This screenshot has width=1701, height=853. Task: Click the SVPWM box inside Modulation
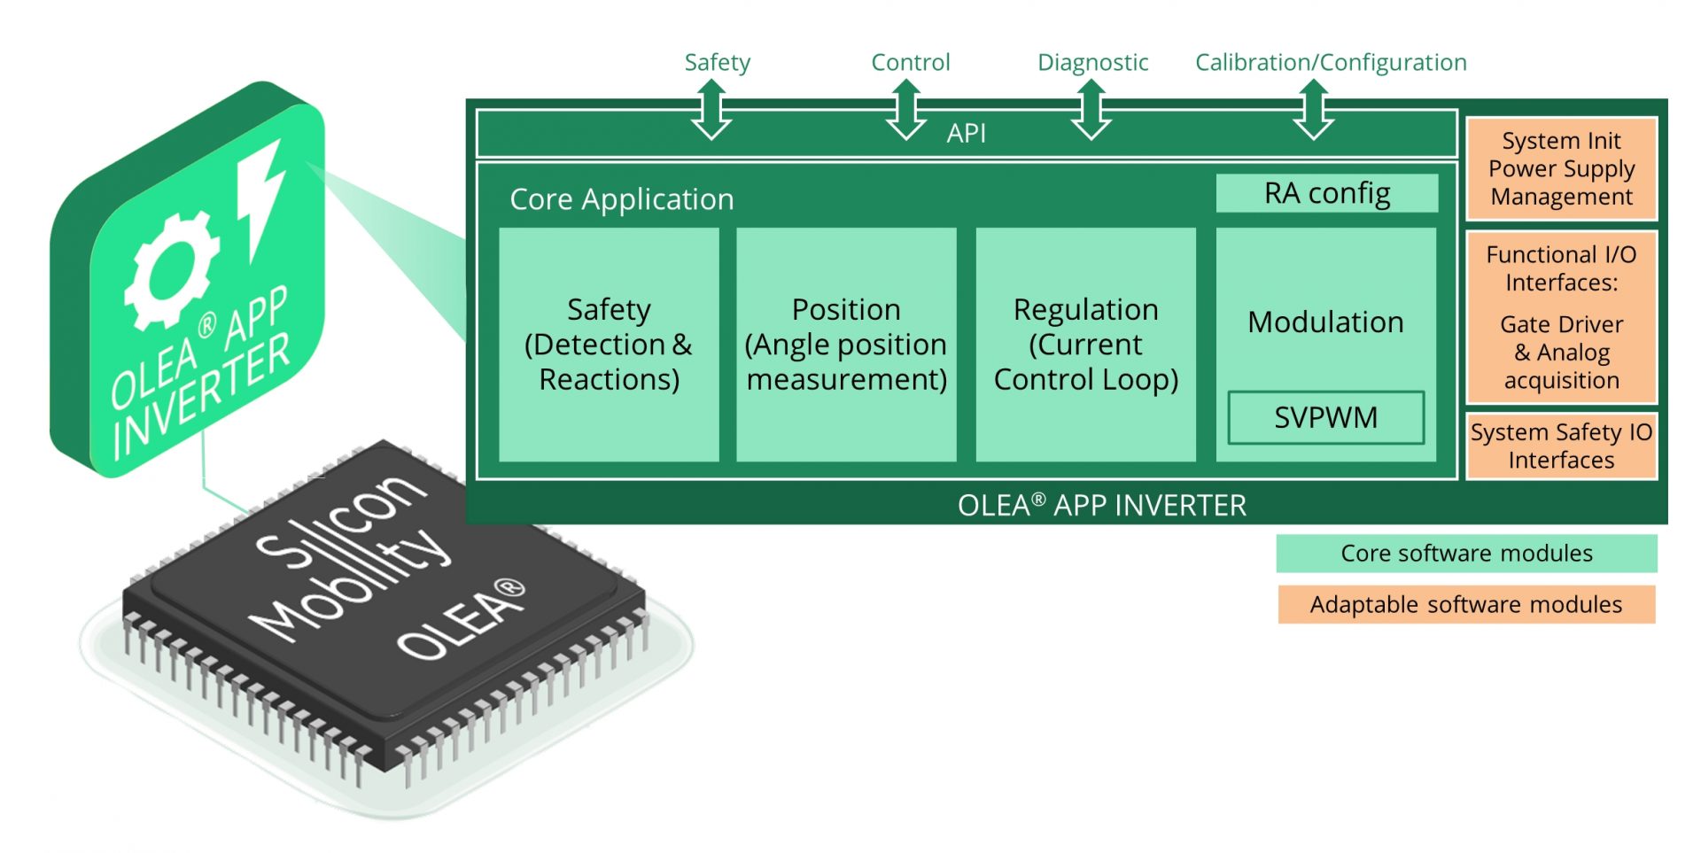1325,417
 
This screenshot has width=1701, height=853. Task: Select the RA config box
1326,193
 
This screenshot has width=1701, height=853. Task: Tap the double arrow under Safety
711,110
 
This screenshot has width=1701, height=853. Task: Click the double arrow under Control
906,110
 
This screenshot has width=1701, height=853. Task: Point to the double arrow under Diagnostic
1091,110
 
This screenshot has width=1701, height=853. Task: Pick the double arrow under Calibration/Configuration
1314,110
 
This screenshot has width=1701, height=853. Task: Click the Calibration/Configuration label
1331,62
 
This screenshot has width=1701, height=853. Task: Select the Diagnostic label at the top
1092,62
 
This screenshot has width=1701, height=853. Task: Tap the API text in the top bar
966,133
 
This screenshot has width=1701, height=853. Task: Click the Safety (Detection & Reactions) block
609,345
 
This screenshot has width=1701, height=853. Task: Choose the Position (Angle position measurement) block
846,345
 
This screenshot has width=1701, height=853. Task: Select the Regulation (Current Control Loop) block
1085,345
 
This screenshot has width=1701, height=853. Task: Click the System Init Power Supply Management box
1561,168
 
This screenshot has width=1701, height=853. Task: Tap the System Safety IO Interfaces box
1561,446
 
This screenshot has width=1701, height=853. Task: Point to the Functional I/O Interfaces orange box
1561,316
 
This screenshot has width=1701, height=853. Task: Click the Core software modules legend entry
1466,554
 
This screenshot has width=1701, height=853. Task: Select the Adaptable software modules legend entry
1466,605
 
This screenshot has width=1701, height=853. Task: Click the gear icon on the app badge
171,270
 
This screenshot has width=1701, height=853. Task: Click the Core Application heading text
622,199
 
